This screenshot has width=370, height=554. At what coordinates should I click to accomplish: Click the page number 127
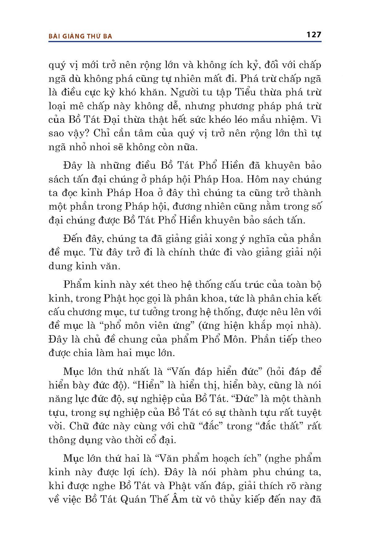click(x=314, y=34)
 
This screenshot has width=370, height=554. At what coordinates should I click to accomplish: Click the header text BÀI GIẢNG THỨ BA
click(x=80, y=36)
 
